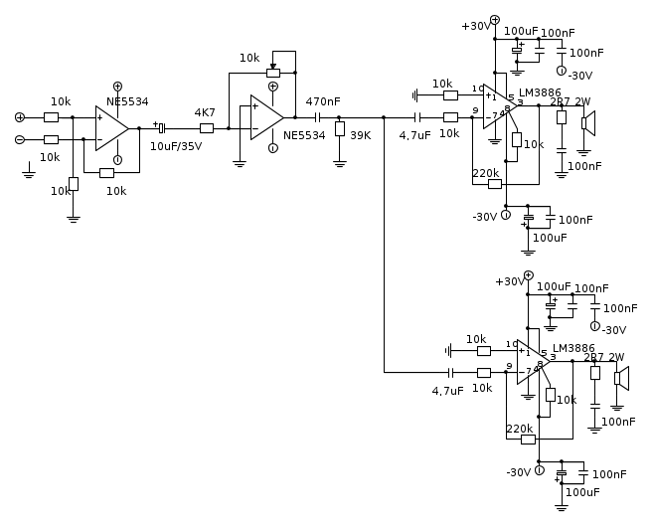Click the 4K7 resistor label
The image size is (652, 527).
[205, 112]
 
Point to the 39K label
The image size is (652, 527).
[360, 135]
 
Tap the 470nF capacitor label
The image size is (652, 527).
[323, 101]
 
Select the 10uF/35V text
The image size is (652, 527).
[175, 146]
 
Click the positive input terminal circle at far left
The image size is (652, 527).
[19, 116]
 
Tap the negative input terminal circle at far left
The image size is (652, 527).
[19, 139]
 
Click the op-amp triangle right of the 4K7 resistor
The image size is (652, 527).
[265, 116]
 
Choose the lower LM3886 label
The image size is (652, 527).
[573, 349]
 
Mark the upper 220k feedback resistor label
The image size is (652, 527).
[486, 173]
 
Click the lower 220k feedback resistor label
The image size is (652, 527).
[520, 430]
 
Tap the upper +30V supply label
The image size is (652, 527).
[476, 27]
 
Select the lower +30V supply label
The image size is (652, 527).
[510, 282]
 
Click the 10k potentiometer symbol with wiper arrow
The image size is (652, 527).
[273, 72]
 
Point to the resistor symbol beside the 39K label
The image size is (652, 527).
[340, 129]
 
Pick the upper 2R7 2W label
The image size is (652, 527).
[570, 101]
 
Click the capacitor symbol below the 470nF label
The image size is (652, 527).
[318, 116]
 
